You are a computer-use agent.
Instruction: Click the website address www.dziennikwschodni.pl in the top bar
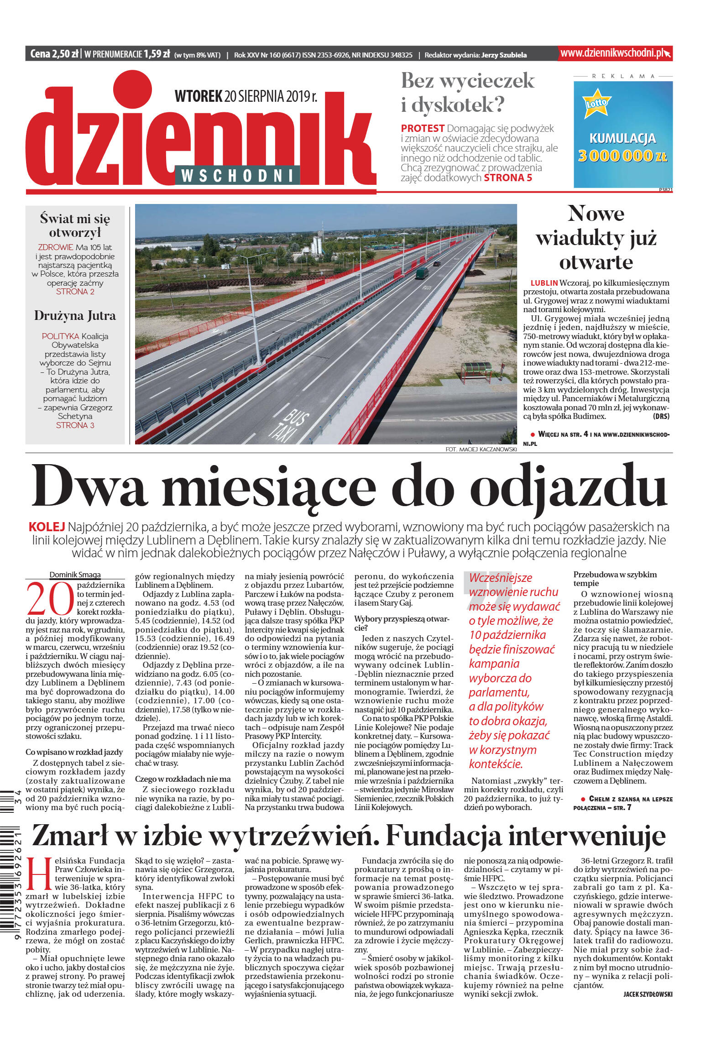point(614,53)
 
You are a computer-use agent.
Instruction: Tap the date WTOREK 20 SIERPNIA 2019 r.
point(246,96)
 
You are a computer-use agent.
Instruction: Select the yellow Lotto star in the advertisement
point(596,103)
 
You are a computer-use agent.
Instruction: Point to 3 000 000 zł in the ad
point(622,156)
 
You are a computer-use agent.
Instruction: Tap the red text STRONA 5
point(507,178)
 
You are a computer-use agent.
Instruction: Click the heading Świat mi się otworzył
point(75,225)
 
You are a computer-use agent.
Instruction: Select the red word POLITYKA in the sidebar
point(60,336)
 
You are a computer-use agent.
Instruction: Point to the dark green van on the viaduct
point(422,273)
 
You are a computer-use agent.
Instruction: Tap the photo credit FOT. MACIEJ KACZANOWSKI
point(481,450)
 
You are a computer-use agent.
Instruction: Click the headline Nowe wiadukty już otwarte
point(596,238)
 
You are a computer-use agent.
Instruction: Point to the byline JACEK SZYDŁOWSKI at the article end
point(647,994)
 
